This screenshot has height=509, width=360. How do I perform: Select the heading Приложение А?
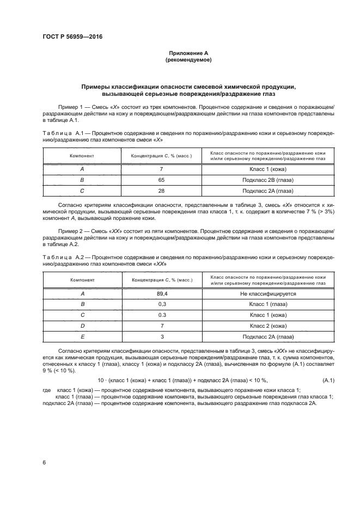tap(188, 53)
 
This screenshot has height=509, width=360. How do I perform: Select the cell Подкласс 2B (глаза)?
tap(267, 179)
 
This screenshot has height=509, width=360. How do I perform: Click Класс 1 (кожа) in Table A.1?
tap(267, 168)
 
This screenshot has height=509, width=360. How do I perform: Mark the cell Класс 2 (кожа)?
tap(267, 326)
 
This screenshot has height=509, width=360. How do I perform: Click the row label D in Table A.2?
tap(82, 326)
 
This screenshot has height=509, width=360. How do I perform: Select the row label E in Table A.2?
tap(82, 336)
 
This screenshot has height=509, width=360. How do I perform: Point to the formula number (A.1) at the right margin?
tap(328, 379)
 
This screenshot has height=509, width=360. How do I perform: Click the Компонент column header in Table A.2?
tap(82, 280)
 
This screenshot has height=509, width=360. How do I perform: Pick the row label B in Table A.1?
tap(82, 179)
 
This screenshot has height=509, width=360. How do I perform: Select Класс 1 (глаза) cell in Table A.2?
tap(267, 304)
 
